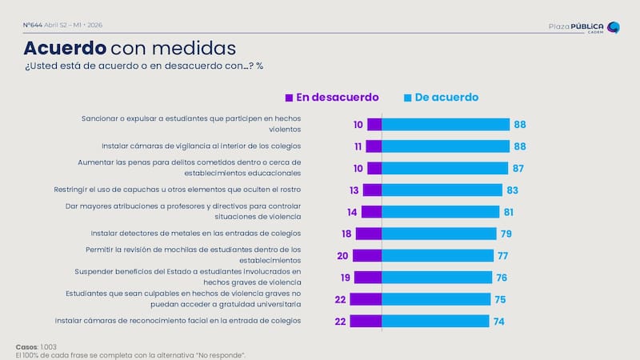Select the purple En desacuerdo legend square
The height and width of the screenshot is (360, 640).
pos(290,98)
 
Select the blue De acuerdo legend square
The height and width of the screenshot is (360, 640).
pos(407,98)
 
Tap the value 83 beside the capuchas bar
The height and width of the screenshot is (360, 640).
pos(513,190)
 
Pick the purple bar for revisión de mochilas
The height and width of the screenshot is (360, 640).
pos(367,255)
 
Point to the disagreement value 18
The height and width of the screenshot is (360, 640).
pos(346,234)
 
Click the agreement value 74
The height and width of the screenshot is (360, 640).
pos(499,321)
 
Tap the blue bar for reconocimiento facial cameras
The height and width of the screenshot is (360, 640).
pos(435,321)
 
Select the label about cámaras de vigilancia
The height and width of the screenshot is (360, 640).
pos(201,146)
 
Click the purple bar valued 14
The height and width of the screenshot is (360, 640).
pos(371,212)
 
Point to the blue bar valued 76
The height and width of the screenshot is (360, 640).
pos(437,277)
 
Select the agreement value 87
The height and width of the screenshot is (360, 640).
pos(518,168)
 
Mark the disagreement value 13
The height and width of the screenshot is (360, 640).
pos(353,190)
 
